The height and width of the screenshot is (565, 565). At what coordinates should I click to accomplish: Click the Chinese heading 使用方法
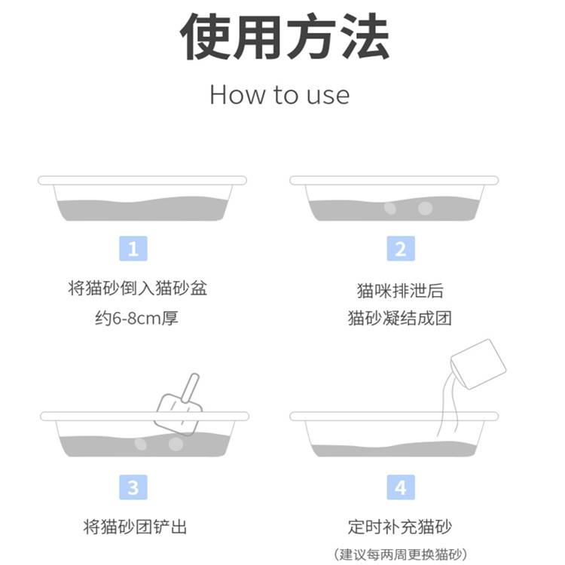pos(285,36)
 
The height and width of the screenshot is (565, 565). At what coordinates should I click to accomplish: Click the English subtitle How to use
pos(279,95)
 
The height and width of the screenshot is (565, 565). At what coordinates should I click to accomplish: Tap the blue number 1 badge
pos(133,249)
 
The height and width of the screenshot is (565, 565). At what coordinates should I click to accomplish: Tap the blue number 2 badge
pos(401,249)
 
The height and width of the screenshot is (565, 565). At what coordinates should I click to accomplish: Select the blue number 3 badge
pos(133,487)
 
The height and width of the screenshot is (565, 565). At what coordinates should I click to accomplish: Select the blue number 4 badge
pos(401,487)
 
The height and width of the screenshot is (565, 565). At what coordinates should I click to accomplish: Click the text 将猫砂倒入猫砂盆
pos(138,289)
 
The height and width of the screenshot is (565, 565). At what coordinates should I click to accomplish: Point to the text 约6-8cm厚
pos(137,318)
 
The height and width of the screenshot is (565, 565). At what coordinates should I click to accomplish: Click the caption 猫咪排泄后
pos(400,291)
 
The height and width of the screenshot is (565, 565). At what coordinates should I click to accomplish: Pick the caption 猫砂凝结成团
pos(400,318)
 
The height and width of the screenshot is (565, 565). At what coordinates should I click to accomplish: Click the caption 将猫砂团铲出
pos(135,527)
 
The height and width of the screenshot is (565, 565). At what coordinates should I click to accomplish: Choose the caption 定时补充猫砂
pos(400,527)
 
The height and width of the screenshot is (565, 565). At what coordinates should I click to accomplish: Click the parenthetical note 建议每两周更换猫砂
pos(401,554)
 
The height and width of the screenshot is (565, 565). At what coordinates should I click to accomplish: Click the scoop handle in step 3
pos(191,388)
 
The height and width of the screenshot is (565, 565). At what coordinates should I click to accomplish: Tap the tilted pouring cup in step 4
pos(478,365)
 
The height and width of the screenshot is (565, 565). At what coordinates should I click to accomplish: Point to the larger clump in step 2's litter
pos(425,208)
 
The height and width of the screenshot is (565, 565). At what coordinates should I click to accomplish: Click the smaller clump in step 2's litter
pos(390,208)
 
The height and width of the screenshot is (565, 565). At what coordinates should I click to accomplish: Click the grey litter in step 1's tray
pos(142,210)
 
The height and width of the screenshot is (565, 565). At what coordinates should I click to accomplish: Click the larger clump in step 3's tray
pos(176,444)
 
